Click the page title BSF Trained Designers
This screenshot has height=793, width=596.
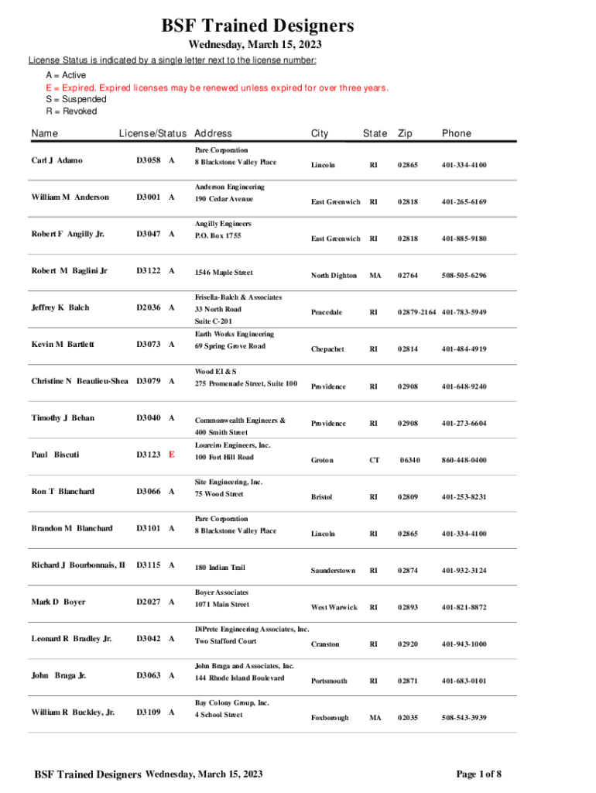pos(258,26)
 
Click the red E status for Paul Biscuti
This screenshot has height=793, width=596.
pos(171,455)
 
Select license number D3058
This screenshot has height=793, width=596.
pos(149,160)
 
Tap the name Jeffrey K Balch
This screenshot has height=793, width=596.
pos(60,307)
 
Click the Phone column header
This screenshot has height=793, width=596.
pos(456,133)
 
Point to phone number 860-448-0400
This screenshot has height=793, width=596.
pos(464,460)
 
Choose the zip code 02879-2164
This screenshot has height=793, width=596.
pos(417,312)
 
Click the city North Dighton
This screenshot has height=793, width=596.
pos(334,276)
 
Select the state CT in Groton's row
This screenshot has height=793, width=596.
pos(375,460)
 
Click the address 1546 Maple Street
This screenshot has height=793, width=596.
pos(224,273)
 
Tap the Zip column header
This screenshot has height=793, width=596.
pos(404,133)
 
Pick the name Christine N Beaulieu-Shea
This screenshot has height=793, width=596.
pos(80,381)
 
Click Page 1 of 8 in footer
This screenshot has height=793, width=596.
pos(478,774)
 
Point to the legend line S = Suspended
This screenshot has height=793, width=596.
pos(76,99)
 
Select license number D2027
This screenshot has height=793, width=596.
pos(149,602)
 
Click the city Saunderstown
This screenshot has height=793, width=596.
pos(333,571)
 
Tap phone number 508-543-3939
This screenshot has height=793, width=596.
pos(464,718)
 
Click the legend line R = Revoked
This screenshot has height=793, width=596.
pos(71,112)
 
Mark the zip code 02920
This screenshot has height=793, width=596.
pos(406,644)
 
